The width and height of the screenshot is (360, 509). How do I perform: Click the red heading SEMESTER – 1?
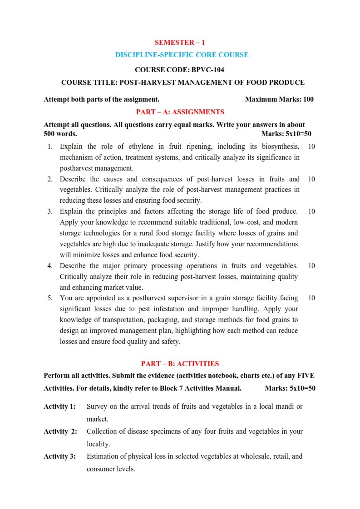pos(180,43)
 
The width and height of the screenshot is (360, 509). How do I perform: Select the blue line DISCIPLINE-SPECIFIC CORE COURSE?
pos(182,55)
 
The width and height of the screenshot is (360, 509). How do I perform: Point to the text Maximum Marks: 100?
pos(279,99)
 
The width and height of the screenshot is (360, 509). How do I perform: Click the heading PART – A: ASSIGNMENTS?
pos(180,112)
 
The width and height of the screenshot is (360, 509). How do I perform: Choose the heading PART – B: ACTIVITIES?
pos(180,363)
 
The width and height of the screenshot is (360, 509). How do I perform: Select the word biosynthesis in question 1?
pos(277,147)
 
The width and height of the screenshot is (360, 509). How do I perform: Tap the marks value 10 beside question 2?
pos(311,179)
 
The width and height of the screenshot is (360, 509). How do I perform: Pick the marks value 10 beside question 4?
pos(311,266)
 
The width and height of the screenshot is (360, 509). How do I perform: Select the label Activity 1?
pos(59,406)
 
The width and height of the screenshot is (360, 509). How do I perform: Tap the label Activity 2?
pos(60,431)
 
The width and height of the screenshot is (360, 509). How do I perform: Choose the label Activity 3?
pos(59,456)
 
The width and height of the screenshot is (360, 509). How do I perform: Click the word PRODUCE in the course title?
pos(286,83)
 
